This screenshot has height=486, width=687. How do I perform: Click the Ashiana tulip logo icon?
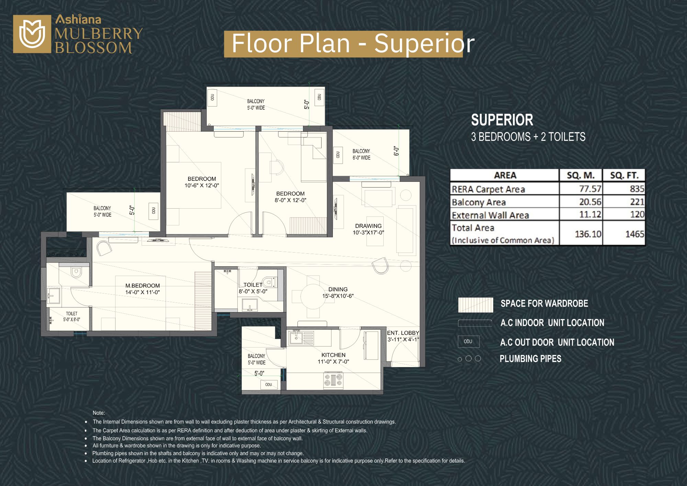click(x=32, y=34)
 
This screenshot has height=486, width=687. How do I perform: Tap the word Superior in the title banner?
click(x=424, y=44)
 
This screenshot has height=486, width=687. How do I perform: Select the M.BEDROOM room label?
click(x=143, y=286)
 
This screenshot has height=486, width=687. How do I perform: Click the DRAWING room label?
click(x=368, y=226)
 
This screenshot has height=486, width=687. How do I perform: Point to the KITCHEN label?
click(x=333, y=355)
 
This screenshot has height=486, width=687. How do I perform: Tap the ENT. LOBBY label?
click(x=403, y=333)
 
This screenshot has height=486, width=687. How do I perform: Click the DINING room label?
click(x=338, y=289)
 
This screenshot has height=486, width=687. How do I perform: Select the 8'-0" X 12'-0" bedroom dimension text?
click(x=290, y=200)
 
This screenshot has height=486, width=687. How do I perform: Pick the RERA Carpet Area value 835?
click(x=637, y=189)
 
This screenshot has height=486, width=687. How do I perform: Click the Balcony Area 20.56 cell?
click(x=590, y=202)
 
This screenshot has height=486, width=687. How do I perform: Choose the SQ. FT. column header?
click(x=624, y=175)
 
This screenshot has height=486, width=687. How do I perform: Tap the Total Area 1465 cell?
click(x=634, y=234)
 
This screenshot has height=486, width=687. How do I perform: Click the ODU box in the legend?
click(x=468, y=341)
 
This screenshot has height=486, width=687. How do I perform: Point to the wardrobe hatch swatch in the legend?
click(x=475, y=305)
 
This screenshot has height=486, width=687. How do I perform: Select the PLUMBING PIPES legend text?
click(x=530, y=359)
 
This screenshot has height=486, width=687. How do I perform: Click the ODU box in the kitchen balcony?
click(x=269, y=385)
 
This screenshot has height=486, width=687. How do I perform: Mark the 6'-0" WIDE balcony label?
click(x=361, y=158)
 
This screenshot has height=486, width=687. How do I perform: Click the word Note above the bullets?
click(x=99, y=413)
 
